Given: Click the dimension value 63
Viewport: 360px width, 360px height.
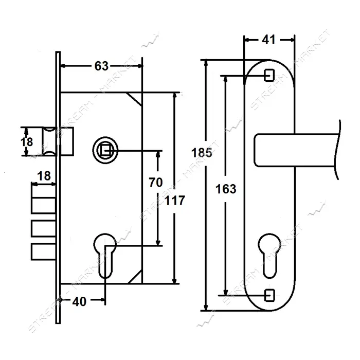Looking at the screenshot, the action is tap(101, 66).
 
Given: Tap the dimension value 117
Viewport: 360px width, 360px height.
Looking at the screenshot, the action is tap(175, 201).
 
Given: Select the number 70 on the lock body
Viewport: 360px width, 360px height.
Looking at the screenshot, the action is tap(156, 182).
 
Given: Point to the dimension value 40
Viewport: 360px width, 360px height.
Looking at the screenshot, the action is tap(79, 302).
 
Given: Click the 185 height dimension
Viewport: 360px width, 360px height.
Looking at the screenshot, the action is tap(202, 153).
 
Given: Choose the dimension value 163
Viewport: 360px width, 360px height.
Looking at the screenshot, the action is tap(226, 189).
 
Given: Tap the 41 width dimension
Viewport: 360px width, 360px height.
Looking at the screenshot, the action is tap(268, 40).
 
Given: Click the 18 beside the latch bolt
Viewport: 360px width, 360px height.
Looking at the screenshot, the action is tap(27, 142).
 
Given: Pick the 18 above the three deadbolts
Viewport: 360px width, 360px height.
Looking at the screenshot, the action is tap(44, 176).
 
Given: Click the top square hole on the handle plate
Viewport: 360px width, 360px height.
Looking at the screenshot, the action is tap(269, 75).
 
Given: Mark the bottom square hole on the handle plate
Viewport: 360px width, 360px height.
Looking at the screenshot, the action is tap(269, 295).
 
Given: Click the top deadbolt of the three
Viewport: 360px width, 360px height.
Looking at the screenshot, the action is tap(43, 205).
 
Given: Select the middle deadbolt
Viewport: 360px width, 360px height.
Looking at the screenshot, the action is tap(43, 228).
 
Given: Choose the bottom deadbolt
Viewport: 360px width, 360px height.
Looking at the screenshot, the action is tap(43, 252).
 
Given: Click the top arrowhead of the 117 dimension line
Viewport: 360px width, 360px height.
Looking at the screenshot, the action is tap(175, 95).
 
